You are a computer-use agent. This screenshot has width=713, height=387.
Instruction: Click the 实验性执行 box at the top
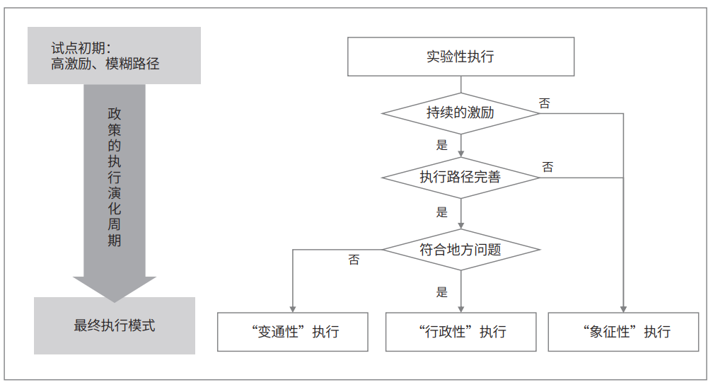460,57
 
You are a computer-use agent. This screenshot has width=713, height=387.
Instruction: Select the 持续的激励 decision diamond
460,113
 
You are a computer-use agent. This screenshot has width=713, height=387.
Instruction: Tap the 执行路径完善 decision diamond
460,178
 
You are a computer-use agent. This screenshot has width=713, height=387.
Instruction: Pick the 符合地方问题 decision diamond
460,250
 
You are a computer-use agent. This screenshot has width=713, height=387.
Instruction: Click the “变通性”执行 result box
292,332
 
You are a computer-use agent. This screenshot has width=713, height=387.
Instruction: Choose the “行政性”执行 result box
460,332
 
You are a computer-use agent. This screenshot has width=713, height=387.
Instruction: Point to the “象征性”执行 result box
623,332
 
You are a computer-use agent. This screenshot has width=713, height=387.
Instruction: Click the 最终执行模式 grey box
115,325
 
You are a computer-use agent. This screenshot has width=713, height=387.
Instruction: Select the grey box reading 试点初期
114,55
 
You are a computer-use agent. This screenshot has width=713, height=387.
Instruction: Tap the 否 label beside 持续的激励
545,103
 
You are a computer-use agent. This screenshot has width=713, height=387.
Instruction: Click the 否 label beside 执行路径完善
547,167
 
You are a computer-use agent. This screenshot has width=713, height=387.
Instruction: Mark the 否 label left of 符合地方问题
354,260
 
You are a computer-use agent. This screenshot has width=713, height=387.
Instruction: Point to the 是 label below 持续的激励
442,145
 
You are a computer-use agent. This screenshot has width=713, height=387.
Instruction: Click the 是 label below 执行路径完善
442,212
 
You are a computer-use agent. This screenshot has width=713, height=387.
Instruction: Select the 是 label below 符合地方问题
442,292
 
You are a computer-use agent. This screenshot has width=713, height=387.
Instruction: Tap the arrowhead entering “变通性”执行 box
293,309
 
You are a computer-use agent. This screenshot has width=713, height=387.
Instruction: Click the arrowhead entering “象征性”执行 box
623,309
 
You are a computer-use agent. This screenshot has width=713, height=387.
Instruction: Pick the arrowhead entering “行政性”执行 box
460,309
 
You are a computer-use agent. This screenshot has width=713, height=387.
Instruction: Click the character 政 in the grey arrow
115,114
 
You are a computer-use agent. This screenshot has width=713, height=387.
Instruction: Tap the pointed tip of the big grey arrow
115,302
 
